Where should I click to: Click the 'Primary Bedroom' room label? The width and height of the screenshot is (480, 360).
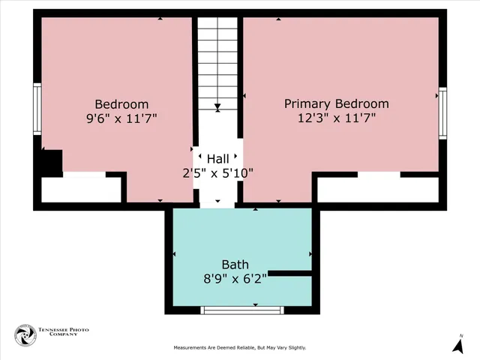336,103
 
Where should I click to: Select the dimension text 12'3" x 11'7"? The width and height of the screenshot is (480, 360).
336,118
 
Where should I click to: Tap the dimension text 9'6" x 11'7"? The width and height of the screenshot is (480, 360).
121,118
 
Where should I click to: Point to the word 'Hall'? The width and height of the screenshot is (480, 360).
218,158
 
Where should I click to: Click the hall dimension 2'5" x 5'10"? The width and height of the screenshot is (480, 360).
218,172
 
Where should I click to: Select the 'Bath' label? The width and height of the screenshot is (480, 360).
235,265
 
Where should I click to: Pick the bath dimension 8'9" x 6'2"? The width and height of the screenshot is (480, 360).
235,278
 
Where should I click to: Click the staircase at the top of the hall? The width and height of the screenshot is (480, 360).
217,64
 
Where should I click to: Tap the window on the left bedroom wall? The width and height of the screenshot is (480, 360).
37,108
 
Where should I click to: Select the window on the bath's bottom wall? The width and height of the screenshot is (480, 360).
243,309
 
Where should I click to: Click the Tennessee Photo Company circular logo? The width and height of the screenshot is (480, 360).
25,335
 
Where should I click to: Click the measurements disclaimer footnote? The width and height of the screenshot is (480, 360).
240,348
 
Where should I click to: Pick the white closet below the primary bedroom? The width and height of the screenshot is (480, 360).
377,190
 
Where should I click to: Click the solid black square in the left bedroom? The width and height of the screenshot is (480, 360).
51,163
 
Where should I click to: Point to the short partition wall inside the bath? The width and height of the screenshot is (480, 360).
289,273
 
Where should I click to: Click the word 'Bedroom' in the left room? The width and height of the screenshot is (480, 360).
121,103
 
